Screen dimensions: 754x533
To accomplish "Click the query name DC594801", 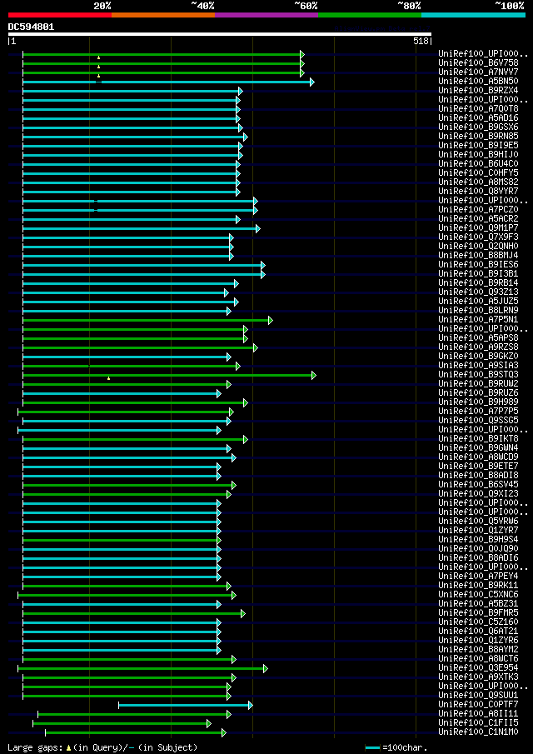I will [31, 27].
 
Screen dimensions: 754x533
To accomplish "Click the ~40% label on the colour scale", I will [202, 6].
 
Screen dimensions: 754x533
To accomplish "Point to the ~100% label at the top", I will [509, 6].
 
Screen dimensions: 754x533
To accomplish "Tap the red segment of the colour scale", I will [59, 15].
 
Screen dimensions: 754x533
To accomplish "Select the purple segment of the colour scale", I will [266, 15].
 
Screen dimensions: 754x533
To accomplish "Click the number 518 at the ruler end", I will [420, 41].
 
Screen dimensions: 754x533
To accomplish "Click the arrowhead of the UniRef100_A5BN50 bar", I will [312, 82].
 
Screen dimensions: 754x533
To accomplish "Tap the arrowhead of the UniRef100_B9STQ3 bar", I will [314, 375].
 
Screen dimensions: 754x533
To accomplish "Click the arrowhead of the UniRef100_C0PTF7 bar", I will [250, 705].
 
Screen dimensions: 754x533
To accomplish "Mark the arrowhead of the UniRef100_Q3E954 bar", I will [266, 668].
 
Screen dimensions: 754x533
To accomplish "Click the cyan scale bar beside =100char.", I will [372, 747].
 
